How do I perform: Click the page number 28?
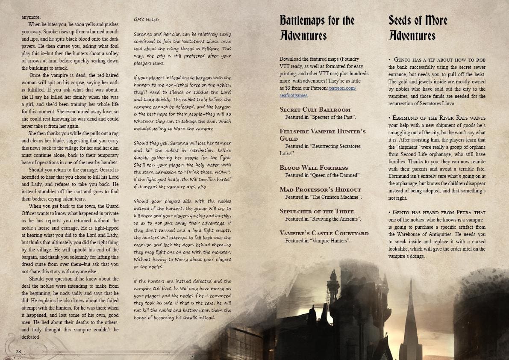point(18,351)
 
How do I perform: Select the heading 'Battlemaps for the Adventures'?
point(317,28)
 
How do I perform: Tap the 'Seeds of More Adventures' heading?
point(418,28)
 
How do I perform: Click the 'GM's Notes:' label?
point(146,20)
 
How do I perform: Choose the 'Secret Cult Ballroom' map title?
point(315,109)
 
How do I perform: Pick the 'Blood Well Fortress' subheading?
point(314,168)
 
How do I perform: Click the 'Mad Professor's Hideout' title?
point(320,189)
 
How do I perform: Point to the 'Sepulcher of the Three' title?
point(317,211)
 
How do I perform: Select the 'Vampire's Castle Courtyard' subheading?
point(324,233)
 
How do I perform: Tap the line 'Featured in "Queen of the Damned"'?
point(323,175)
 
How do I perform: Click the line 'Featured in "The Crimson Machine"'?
point(324,197)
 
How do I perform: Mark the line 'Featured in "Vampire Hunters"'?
point(318,241)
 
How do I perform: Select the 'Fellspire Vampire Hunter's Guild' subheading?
point(322,135)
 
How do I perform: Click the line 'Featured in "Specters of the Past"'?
point(321,117)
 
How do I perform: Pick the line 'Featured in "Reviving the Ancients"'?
point(323,219)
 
